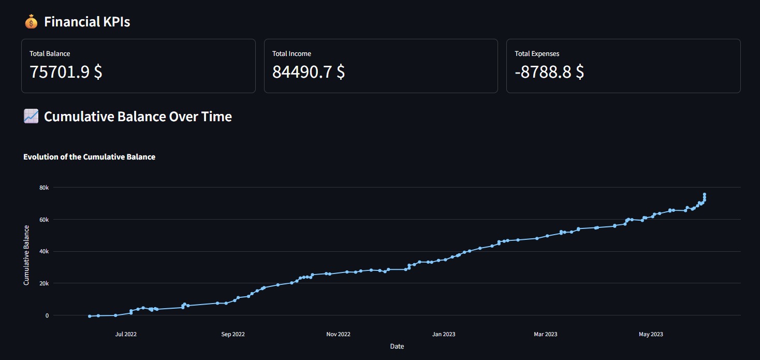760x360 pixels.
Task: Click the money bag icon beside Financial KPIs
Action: pos(31,22)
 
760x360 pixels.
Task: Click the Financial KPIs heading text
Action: pos(87,22)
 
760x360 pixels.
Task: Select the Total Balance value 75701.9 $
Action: pos(66,71)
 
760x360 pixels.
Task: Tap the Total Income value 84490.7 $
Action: pos(309,71)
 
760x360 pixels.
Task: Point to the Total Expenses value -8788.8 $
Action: pos(549,71)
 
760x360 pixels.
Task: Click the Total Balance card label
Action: pos(50,53)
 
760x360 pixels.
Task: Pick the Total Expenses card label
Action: pos(537,53)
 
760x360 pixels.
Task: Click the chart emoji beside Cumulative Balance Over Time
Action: pos(31,117)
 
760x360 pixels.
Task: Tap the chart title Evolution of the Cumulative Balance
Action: pos(89,156)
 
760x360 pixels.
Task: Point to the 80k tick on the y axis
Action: pos(44,188)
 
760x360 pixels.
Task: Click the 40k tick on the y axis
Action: pos(44,252)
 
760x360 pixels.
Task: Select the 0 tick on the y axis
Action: pos(47,315)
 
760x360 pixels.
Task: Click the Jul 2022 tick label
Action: pos(126,334)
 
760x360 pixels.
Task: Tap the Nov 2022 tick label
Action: pos(338,334)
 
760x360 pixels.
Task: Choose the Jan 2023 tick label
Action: pos(444,334)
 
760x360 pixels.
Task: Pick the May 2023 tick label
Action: pos(651,334)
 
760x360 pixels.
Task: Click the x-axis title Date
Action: pos(397,346)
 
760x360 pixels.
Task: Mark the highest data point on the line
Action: pos(705,194)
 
